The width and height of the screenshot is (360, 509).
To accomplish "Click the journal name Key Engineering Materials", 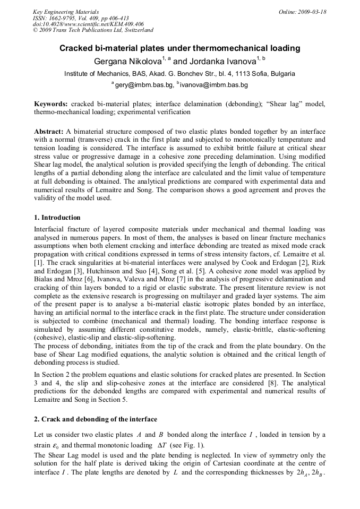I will pyautogui.click(x=65, y=12).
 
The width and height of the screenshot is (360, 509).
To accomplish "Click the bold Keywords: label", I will pyautogui.click(x=51, y=104).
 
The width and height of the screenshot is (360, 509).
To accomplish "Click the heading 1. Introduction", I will pyautogui.click(x=57, y=218).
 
